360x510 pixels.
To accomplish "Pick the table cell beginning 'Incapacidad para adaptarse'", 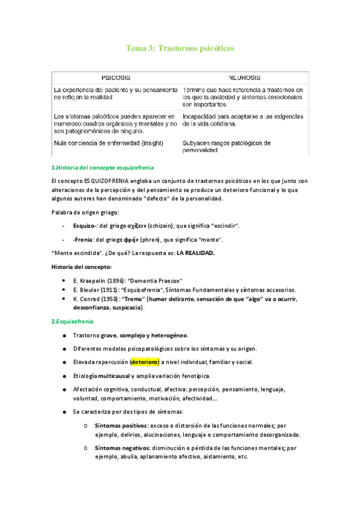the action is [x=243, y=120].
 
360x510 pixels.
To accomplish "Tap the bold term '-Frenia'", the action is [x=84, y=239].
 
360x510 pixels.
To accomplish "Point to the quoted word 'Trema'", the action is [x=135, y=298].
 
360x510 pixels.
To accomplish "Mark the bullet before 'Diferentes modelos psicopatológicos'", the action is [x=64, y=348].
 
